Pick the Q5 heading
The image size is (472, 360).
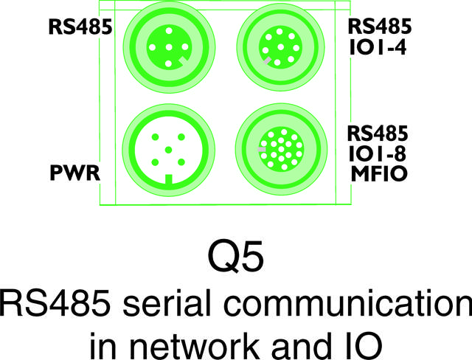point(235,257)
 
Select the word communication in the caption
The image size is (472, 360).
point(350,302)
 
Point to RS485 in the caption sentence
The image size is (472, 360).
point(55,302)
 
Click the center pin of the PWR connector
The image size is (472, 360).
point(169,150)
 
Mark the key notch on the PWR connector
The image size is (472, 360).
point(169,179)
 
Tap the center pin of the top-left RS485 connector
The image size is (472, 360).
point(169,46)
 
